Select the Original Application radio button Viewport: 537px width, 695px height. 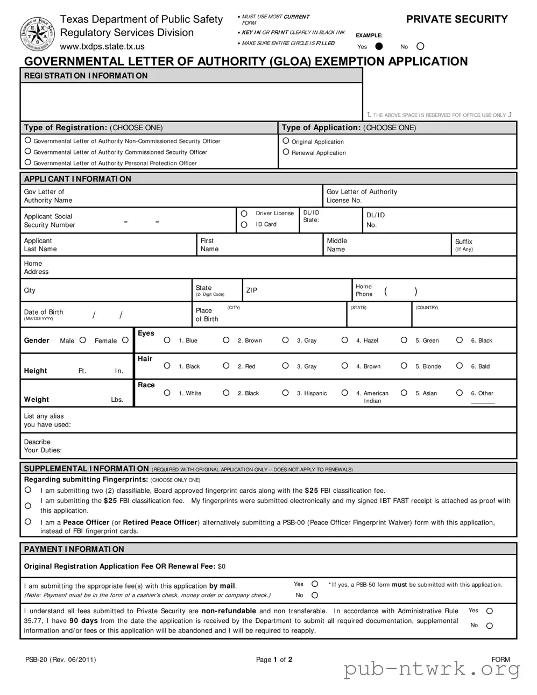click(x=286, y=141)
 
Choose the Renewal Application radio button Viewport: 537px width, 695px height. click(x=286, y=152)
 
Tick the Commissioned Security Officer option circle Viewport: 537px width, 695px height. click(x=28, y=151)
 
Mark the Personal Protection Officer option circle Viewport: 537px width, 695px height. click(x=28, y=162)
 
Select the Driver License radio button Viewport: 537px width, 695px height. click(x=244, y=214)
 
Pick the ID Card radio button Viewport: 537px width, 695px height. click(x=244, y=224)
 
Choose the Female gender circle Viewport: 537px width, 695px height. click(x=125, y=340)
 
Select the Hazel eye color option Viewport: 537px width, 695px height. click(x=345, y=340)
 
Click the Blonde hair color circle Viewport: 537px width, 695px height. click(x=404, y=366)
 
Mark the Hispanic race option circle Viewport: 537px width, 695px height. click(x=286, y=393)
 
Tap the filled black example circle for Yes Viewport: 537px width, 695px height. click(x=379, y=46)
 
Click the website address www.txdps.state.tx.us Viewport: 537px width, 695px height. click(x=102, y=47)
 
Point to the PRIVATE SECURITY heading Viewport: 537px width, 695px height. click(x=456, y=19)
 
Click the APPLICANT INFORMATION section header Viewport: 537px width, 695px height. click(x=77, y=179)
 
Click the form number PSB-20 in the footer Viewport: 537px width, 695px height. click(x=36, y=659)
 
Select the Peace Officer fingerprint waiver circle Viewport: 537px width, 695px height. click(x=28, y=522)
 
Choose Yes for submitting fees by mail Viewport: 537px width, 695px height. click(x=315, y=584)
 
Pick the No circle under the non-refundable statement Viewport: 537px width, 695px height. click(x=490, y=626)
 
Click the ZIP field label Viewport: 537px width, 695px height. click(x=252, y=290)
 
